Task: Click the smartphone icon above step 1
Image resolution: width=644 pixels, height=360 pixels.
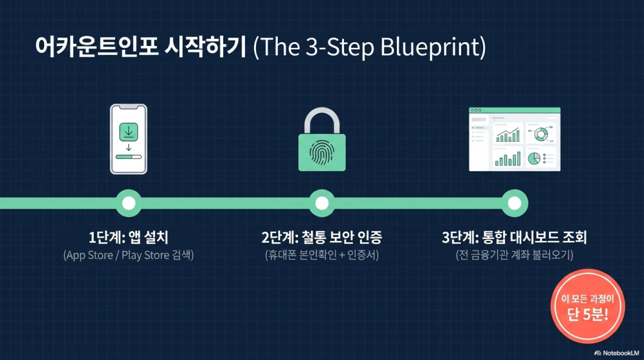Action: [128, 139]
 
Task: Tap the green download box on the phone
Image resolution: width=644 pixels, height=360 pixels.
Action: [128, 132]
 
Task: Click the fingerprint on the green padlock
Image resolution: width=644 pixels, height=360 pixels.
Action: [322, 153]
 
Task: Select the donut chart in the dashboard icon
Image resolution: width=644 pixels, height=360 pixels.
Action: [540, 135]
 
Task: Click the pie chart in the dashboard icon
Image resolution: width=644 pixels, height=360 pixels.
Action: [534, 158]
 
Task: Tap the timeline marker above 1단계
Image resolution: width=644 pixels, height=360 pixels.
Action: [128, 203]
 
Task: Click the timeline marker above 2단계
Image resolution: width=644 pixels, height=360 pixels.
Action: [322, 203]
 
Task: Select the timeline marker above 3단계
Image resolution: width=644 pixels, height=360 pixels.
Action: [514, 203]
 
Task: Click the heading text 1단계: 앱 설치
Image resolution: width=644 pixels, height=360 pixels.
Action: [128, 237]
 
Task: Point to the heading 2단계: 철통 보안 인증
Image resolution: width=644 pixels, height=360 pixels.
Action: [322, 237]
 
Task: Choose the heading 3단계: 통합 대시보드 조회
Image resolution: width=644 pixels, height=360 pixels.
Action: [514, 237]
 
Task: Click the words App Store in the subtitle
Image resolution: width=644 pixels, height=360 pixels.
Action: [89, 255]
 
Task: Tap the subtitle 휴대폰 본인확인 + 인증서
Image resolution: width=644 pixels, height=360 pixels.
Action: [322, 255]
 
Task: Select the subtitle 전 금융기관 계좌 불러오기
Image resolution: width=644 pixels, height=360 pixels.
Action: [514, 255]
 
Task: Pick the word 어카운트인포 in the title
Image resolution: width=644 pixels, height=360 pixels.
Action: [96, 46]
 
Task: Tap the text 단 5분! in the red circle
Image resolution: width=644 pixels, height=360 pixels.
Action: [588, 315]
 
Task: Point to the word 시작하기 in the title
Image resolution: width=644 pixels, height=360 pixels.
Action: [206, 46]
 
